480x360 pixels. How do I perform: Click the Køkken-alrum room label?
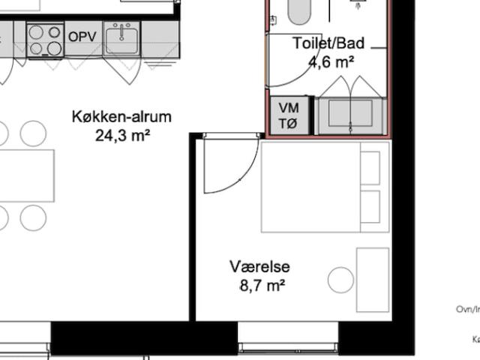[121, 117]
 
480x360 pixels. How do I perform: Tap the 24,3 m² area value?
[121, 135]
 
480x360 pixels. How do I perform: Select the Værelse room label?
[259, 267]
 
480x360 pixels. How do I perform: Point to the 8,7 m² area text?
[262, 286]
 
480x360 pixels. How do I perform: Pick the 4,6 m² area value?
[331, 62]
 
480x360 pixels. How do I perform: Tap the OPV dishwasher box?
[82, 36]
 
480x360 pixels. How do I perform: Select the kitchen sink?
[121, 39]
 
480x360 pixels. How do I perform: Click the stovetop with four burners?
[45, 40]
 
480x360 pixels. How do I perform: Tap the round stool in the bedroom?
[340, 280]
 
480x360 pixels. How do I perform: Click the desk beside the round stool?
[373, 280]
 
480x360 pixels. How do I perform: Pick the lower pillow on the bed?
[370, 207]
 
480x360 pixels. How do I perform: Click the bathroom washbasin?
[351, 115]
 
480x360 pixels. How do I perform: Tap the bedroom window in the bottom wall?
[288, 346]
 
